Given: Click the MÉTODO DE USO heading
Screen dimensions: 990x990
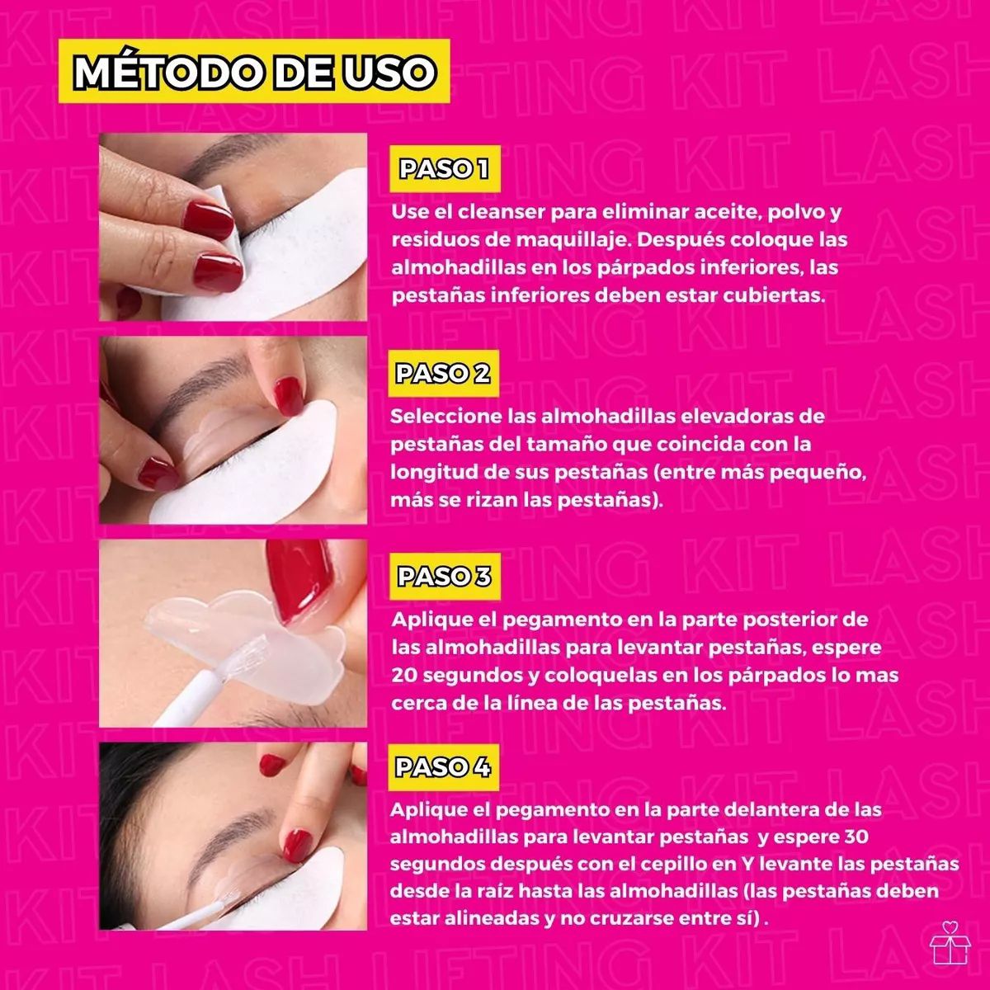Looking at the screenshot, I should pyautogui.click(x=254, y=72).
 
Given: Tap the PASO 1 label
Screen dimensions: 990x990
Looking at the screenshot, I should pyautogui.click(x=444, y=169).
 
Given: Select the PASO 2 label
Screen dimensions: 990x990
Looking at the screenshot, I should pyautogui.click(x=443, y=373).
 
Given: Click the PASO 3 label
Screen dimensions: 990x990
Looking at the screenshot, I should pyautogui.click(x=444, y=576).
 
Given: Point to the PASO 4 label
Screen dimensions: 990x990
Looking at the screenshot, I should pyautogui.click(x=443, y=766).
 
